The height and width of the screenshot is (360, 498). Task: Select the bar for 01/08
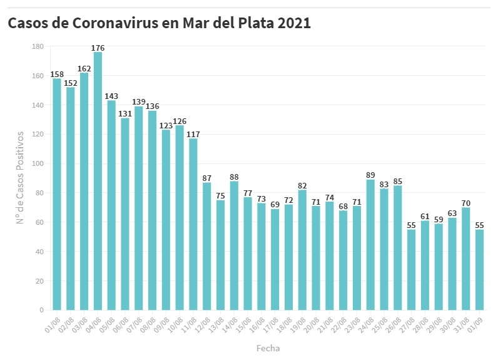point(57,194)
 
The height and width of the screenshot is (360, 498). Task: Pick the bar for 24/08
point(370,245)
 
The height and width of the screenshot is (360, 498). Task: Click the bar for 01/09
point(479,270)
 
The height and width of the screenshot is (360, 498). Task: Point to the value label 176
point(98,48)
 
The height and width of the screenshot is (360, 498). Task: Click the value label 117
point(193,134)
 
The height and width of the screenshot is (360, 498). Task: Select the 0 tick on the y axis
point(41,310)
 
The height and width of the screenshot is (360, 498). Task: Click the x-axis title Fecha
point(268,348)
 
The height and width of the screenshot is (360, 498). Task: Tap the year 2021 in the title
point(294,23)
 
